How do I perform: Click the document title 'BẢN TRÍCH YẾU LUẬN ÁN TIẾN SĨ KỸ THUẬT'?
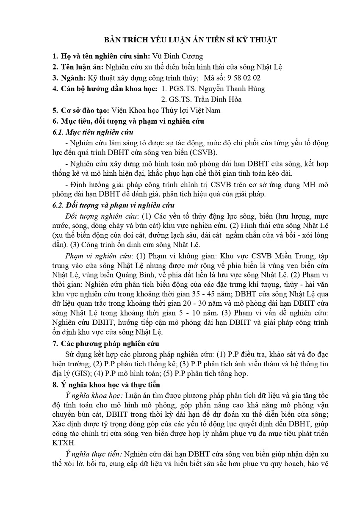tap(191, 40)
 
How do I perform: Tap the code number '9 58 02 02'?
tap(244, 78)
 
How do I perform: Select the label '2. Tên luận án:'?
tap(78, 67)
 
